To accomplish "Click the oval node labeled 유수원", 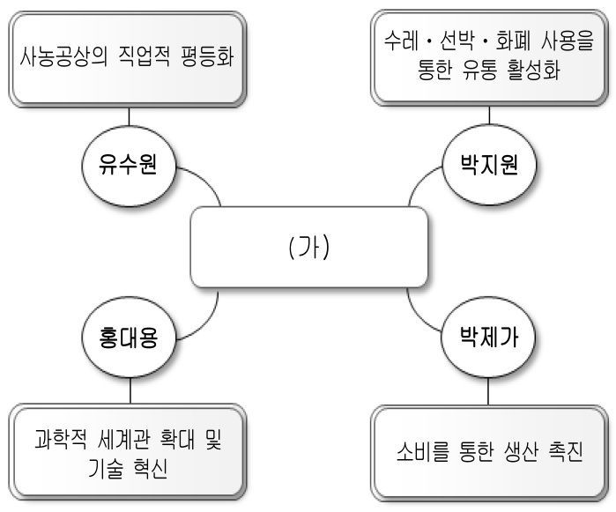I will click(x=130, y=165).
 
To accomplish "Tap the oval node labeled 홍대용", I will click(x=130, y=338).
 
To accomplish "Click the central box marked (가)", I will click(x=309, y=250).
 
